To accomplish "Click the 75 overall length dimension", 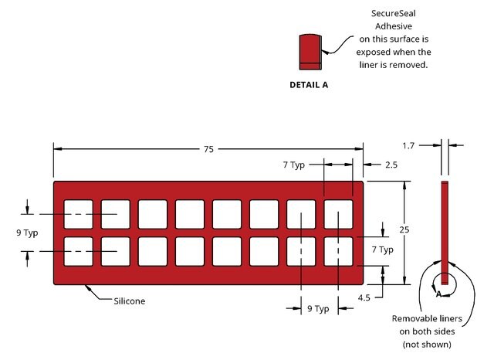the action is [x=208, y=149].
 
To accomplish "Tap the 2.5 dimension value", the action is [x=391, y=165].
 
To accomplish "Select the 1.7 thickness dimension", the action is [x=408, y=146].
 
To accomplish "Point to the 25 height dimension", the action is [x=404, y=229].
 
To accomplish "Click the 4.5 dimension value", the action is [x=364, y=297].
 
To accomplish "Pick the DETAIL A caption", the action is [x=309, y=85].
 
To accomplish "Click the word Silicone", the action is [x=130, y=301].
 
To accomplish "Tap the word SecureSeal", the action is [x=393, y=14].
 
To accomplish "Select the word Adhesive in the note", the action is [x=394, y=26].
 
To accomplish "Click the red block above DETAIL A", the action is [x=310, y=52].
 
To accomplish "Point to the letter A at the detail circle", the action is [x=438, y=294].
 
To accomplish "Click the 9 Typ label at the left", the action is [x=27, y=233].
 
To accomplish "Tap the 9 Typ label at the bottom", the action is [x=318, y=308].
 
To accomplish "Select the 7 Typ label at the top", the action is [x=294, y=165].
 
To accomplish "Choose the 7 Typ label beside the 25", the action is [x=383, y=250].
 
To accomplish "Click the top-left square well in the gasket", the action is [x=79, y=214].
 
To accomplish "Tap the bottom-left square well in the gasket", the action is [x=79, y=252].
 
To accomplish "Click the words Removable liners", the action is [x=427, y=318].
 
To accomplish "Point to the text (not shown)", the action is [x=427, y=345].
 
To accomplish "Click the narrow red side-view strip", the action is [x=445, y=233].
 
